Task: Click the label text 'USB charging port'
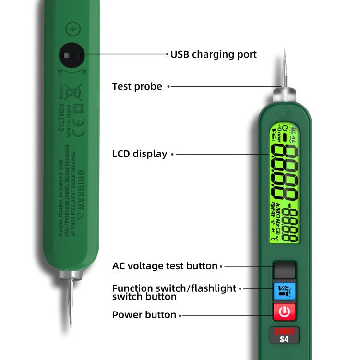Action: click(214, 54)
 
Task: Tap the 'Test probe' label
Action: click(137, 86)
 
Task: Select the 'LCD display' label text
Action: click(140, 154)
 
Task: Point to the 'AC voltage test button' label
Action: click(165, 265)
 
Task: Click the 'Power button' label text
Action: click(144, 315)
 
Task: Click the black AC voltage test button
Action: click(285, 271)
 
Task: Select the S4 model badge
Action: click(285, 335)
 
